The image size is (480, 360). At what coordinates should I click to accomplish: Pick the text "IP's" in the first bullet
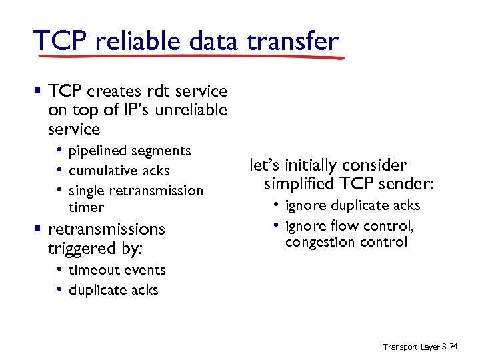[x=124, y=109]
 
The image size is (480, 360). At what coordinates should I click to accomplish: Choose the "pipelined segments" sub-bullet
[x=129, y=151]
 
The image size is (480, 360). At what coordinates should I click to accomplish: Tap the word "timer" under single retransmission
[x=87, y=207]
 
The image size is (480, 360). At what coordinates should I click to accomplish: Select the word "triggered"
[x=78, y=249]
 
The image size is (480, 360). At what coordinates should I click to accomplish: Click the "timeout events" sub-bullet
[x=117, y=270]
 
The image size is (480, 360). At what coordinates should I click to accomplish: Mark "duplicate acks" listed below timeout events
[x=113, y=290]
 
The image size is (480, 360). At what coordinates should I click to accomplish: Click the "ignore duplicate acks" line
[x=353, y=205]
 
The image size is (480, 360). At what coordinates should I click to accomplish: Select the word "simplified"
[x=298, y=183]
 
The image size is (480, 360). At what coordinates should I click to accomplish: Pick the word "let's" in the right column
[x=265, y=165]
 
